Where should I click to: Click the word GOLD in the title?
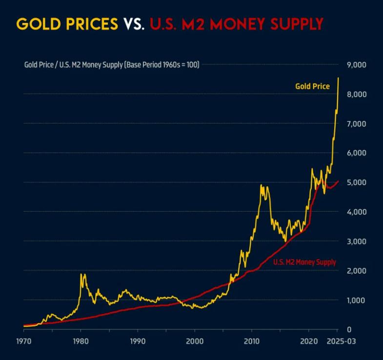[36, 23]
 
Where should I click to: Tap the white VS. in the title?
[133, 23]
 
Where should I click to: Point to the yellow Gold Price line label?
[312, 86]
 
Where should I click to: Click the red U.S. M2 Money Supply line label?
[304, 262]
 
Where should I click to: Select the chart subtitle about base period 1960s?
[112, 64]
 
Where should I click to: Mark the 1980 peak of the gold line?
[81, 275]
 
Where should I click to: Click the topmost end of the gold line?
[338, 78]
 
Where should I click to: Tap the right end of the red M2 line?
[338, 181]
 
